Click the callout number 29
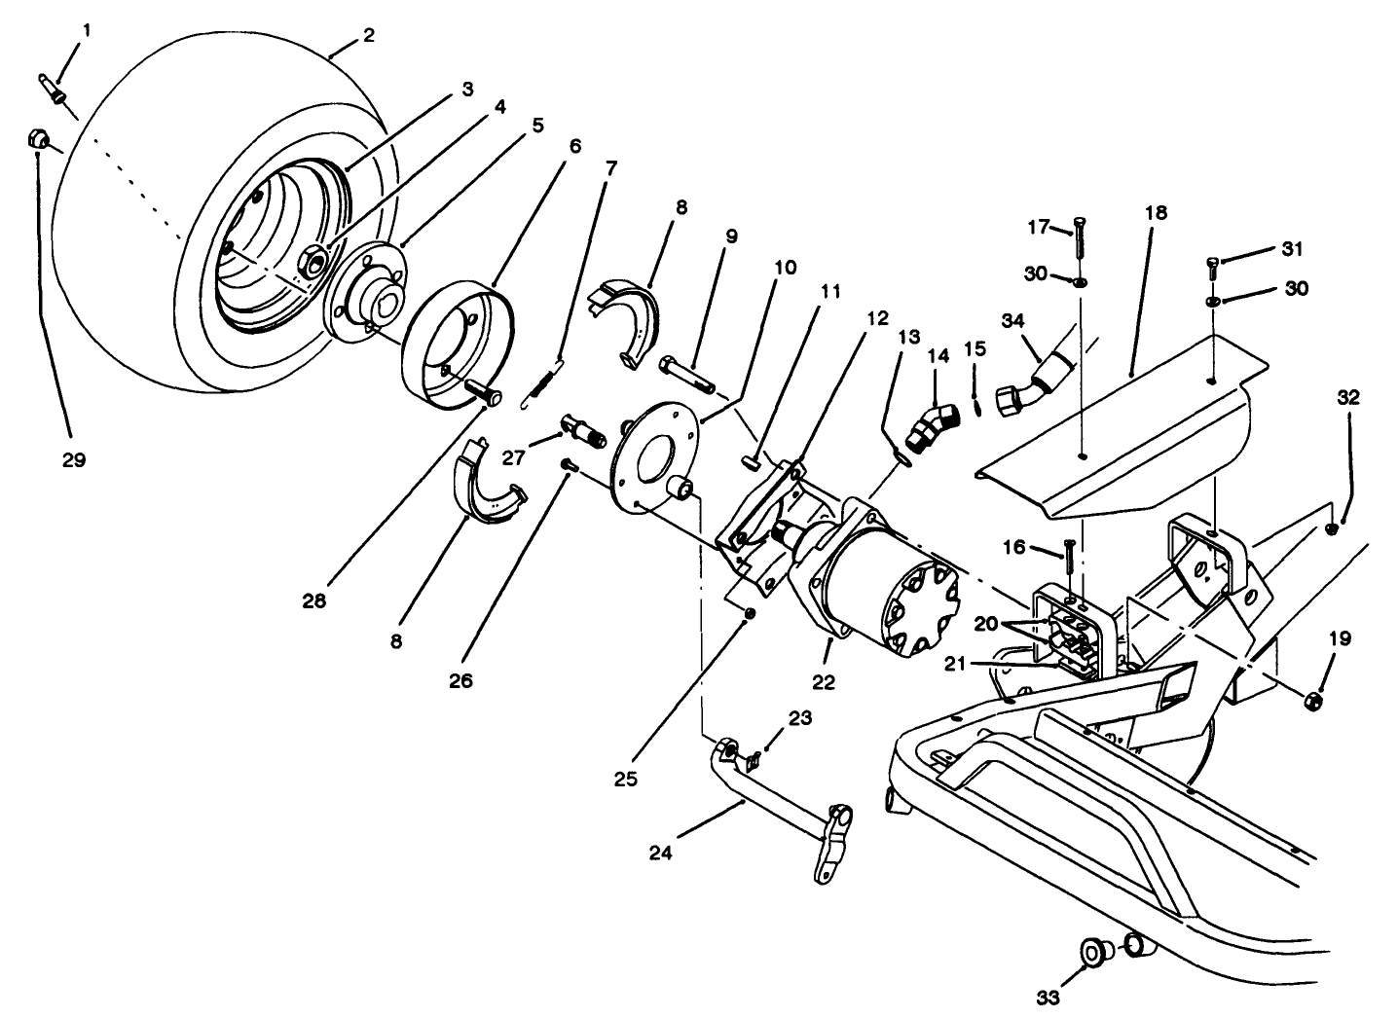(x=74, y=460)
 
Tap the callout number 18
(x=1156, y=213)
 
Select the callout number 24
(x=662, y=854)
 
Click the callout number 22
(x=824, y=682)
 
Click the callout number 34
(x=1012, y=320)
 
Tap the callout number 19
(x=1340, y=639)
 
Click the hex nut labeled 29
(x=38, y=141)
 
